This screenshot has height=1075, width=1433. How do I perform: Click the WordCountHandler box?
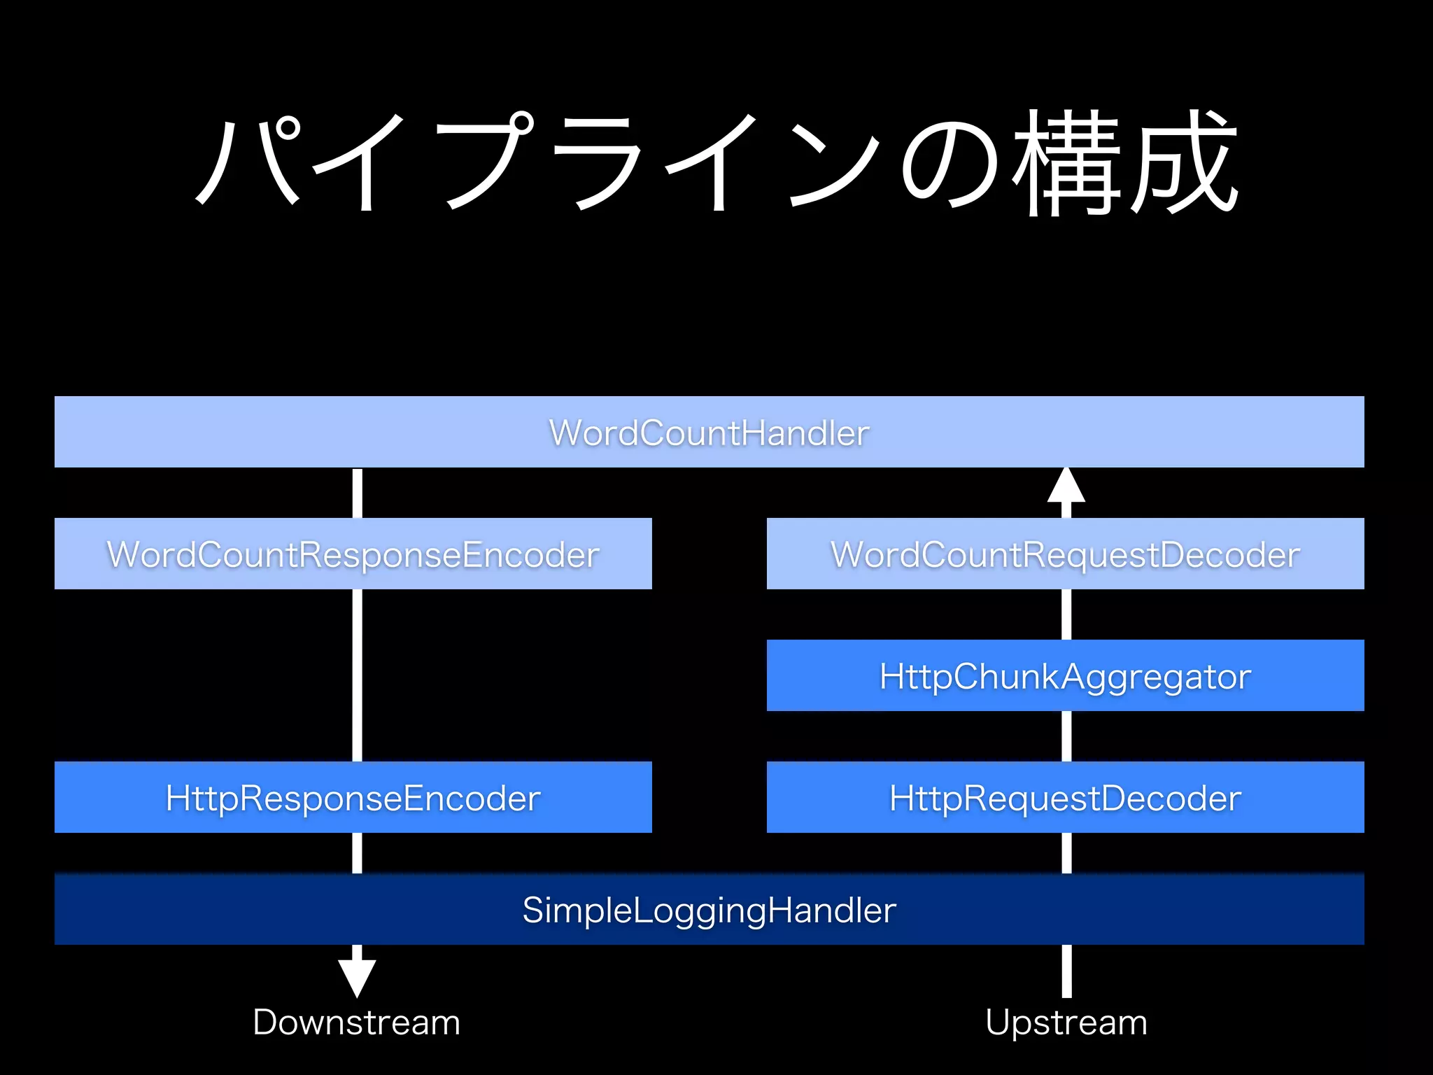pos(709,432)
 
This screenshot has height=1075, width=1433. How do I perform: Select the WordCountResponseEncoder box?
pos(353,554)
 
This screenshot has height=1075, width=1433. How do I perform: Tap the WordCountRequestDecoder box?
pos(1065,554)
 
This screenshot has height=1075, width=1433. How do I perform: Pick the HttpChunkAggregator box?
pos(1065,675)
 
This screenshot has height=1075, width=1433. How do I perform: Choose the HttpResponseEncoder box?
pos(353,797)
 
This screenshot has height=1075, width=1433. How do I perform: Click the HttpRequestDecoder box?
pos(1065,797)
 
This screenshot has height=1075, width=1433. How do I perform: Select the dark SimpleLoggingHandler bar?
pos(709,909)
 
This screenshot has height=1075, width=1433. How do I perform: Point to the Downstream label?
pos(356,1022)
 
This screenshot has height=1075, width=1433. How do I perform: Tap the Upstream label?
pos(1066,1022)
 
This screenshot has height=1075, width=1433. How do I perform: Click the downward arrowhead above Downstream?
pos(357,977)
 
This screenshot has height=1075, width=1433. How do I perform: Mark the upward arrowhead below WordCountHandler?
pos(1066,486)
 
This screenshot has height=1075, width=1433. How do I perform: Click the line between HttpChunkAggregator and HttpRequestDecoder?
pos(1066,736)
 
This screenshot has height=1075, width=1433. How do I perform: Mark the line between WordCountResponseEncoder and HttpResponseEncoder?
pos(357,675)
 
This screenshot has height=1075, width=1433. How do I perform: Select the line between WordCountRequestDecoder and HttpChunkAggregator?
pos(1066,614)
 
